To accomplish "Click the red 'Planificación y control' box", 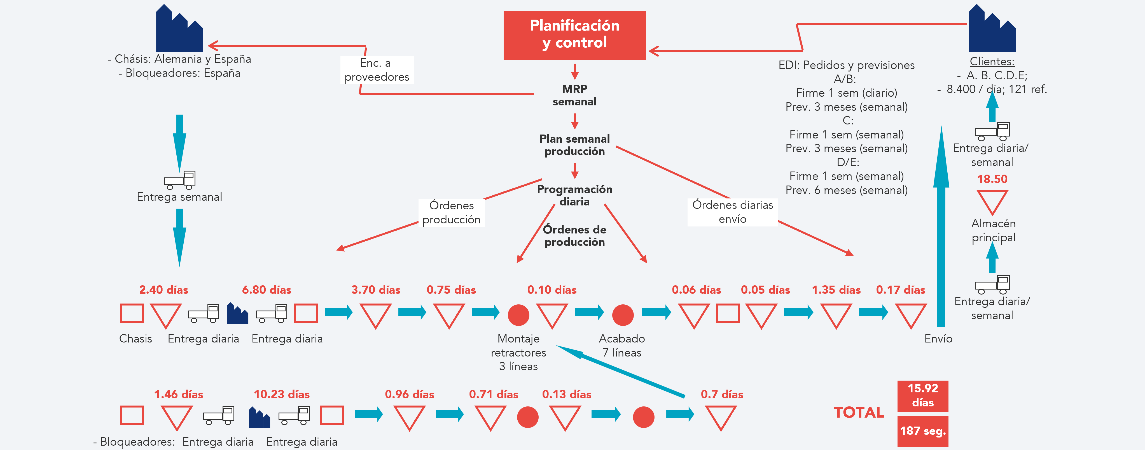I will pyautogui.click(x=574, y=35).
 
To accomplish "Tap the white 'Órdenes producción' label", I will pyautogui.click(x=451, y=213).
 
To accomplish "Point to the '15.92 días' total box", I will pyautogui.click(x=922, y=395).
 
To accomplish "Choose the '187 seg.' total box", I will pyautogui.click(x=922, y=431).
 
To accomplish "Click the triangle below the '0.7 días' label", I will pyautogui.click(x=721, y=417).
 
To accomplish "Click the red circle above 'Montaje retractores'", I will pyautogui.click(x=518, y=315).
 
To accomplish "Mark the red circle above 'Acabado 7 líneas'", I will pyautogui.click(x=623, y=315).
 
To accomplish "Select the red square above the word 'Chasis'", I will pyautogui.click(x=132, y=313).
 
